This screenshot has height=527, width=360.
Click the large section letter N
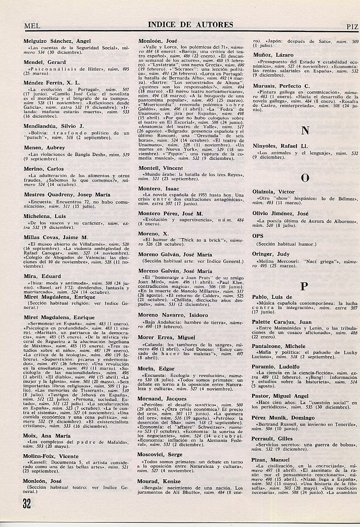305,130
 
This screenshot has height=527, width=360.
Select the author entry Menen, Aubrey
44,148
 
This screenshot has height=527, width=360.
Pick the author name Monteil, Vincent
161,168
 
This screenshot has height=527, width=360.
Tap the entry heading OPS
258,236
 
